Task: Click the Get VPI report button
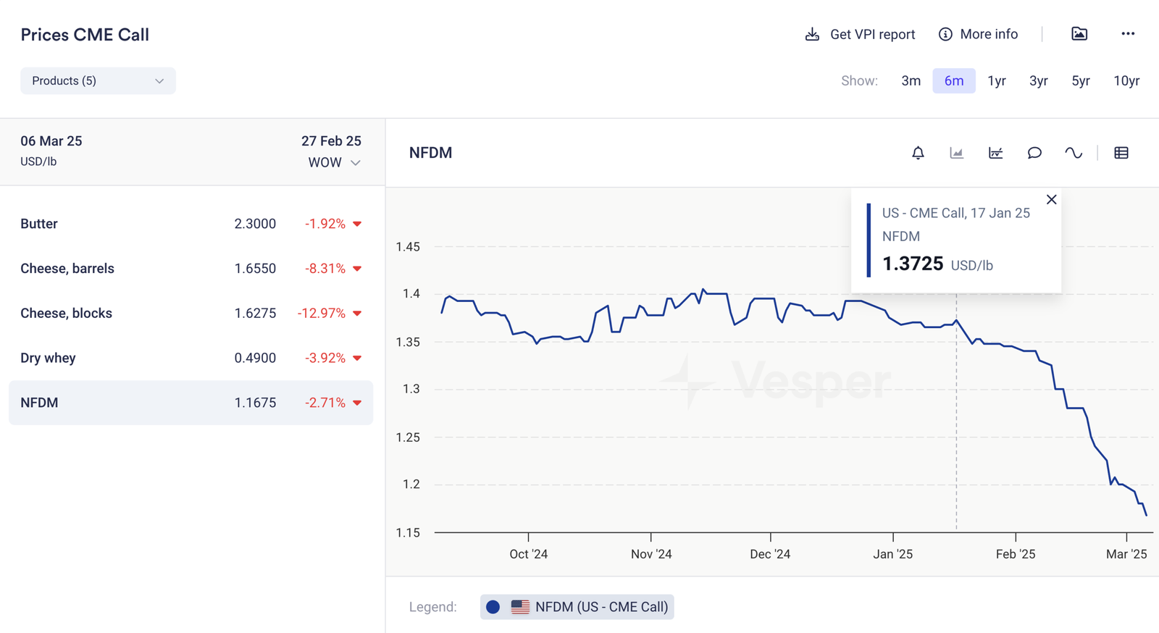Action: click(x=860, y=34)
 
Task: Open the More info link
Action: click(x=978, y=34)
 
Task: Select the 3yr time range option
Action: click(x=1038, y=80)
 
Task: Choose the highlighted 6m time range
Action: click(x=953, y=80)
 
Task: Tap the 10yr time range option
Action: click(x=1126, y=80)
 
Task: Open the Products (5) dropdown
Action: click(x=98, y=80)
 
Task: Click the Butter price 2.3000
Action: click(x=255, y=224)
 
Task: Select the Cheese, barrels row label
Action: click(x=67, y=269)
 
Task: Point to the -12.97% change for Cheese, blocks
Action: click(x=321, y=313)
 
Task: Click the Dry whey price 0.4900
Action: click(x=255, y=358)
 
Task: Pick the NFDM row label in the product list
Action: click(x=39, y=403)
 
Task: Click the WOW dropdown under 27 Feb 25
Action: click(x=334, y=162)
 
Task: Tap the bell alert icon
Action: click(x=918, y=153)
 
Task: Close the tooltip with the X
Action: click(x=1052, y=199)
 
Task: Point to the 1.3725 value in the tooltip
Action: click(x=913, y=264)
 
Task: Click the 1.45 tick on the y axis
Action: click(x=408, y=247)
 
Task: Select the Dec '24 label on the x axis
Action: click(x=770, y=554)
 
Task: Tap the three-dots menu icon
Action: click(x=1128, y=34)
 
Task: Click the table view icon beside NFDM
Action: click(x=1121, y=153)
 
